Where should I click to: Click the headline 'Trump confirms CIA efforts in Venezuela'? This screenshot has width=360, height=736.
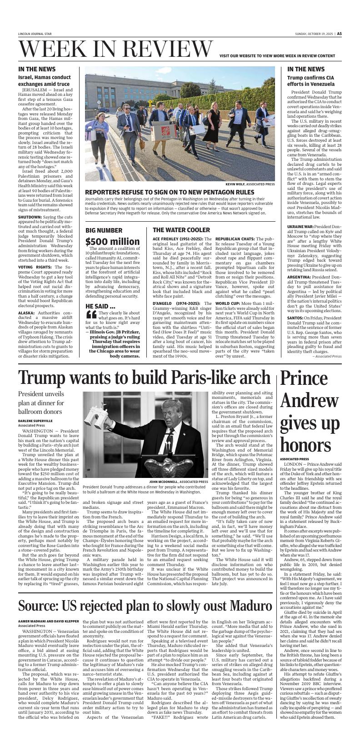click(x=310, y=81)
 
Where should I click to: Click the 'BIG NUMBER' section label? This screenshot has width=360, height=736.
click(x=104, y=230)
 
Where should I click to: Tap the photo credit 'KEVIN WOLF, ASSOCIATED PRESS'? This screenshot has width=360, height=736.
click(x=250, y=184)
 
